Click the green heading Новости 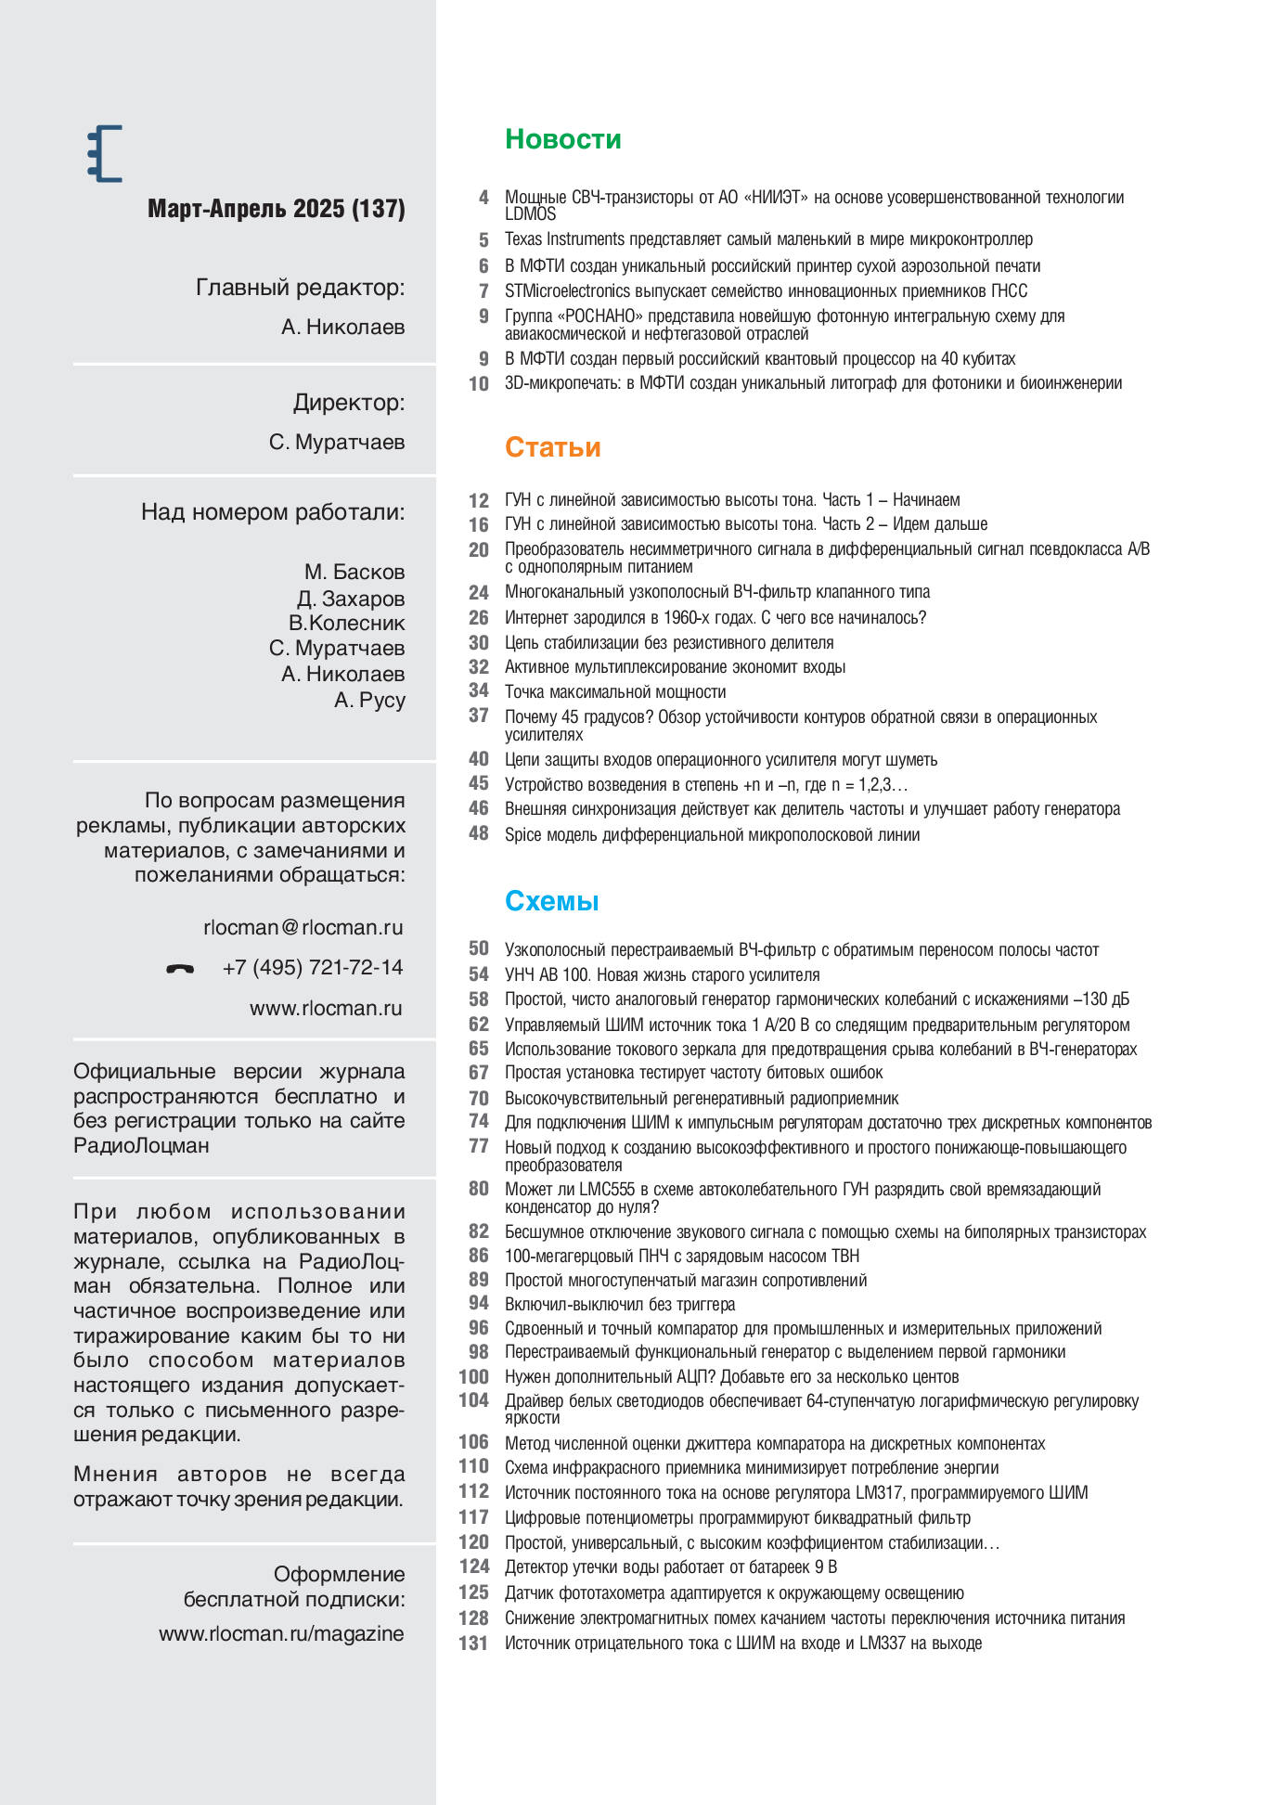pos(562,139)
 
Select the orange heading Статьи pos(552,447)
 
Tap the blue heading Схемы pos(551,901)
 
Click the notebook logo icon pos(105,153)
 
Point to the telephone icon pos(180,969)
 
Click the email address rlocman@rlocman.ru pos(303,927)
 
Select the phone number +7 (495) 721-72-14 pos(313,968)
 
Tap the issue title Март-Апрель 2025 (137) pos(276,209)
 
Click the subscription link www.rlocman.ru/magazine pos(281,1633)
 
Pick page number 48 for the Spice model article pos(478,834)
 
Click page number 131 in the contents pos(473,1644)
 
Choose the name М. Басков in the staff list pos(354,572)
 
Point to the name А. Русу pos(369,700)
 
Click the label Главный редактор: pos(300,288)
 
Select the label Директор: pos(349,403)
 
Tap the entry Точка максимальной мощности pos(614,692)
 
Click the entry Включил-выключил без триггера pos(619,1305)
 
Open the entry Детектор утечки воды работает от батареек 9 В pos(670,1567)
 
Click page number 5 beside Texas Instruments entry pos(483,240)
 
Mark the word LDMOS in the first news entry pos(530,214)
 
